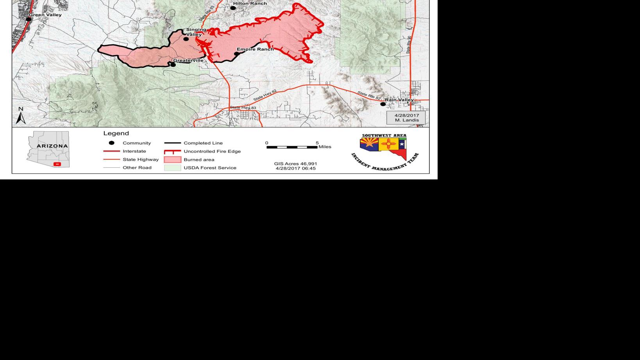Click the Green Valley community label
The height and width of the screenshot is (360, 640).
45,15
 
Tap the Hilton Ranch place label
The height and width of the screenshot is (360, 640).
250,4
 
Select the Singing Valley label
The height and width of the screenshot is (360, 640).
196,32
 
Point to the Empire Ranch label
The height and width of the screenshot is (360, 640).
255,49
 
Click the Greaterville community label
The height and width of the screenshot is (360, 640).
188,61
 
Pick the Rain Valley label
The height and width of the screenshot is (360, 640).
399,100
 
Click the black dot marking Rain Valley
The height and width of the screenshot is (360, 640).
383,104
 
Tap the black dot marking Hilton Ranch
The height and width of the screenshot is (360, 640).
233,8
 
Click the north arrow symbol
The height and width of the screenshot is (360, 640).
21,116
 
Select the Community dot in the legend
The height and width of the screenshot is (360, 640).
111,143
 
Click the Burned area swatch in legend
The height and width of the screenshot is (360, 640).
172,159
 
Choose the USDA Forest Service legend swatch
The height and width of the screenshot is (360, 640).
172,168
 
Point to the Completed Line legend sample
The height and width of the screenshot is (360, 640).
172,143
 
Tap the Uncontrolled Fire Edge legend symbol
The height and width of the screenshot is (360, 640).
172,152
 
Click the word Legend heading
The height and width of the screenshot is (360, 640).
116,133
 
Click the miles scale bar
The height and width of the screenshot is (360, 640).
292,147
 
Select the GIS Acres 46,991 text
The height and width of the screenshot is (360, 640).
295,164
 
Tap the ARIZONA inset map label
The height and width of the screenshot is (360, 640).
52,146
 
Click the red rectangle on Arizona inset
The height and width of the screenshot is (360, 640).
57,164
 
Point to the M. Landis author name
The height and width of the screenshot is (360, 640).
406,120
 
